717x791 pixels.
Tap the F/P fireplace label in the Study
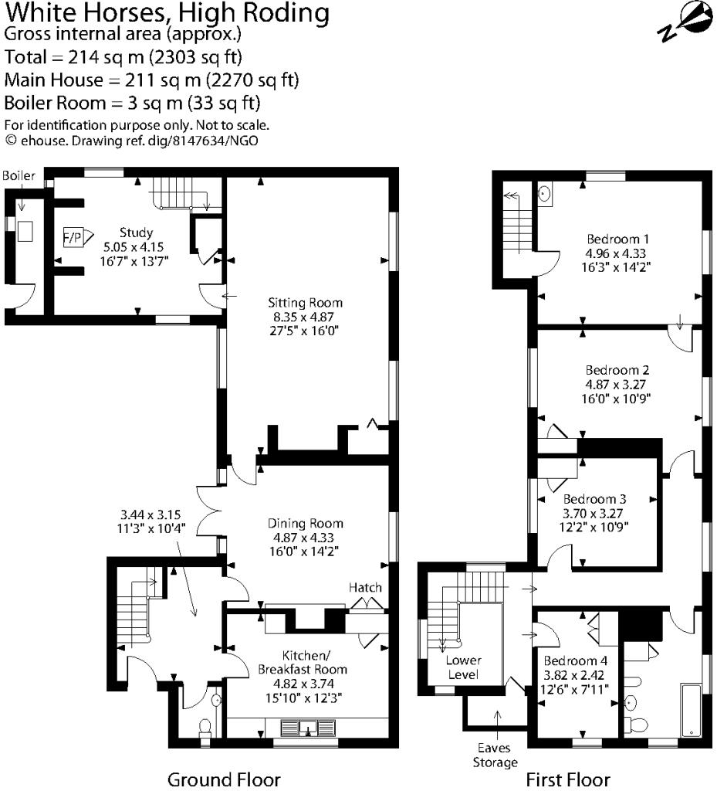click(x=72, y=238)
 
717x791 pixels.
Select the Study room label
click(x=136, y=233)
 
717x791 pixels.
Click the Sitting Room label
click(x=305, y=302)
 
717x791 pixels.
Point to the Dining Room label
click(x=304, y=523)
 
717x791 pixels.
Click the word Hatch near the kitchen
click(x=365, y=588)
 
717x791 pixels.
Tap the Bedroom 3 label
click(x=594, y=499)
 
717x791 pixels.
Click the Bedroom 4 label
click(x=575, y=661)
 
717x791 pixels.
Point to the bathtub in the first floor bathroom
click(x=691, y=709)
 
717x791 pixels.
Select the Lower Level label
click(x=463, y=667)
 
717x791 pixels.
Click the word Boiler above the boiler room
click(x=19, y=176)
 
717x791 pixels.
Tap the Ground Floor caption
click(x=224, y=779)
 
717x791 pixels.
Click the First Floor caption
click(x=567, y=779)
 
